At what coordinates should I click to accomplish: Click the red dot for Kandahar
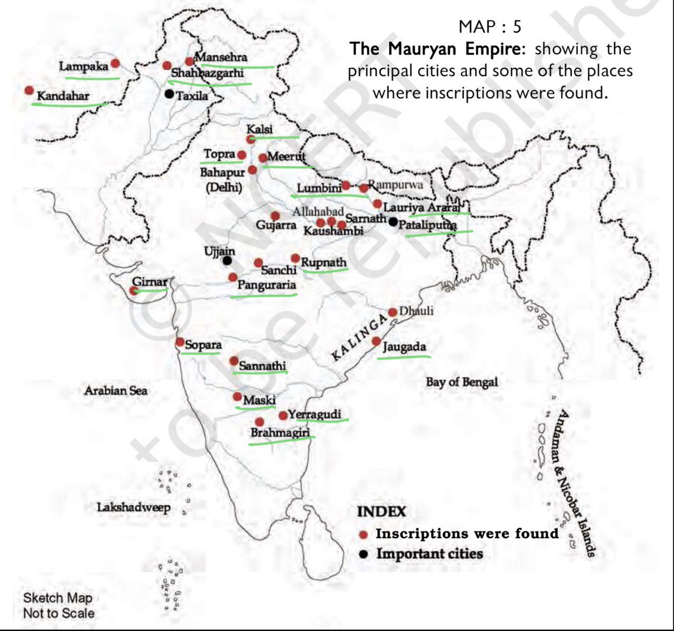tap(29, 90)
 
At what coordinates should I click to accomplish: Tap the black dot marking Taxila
tap(169, 94)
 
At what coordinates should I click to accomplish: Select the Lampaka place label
tap(84, 67)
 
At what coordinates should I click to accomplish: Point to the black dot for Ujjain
tap(227, 261)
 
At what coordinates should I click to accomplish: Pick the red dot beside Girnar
tap(134, 290)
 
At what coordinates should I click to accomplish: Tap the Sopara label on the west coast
tap(203, 344)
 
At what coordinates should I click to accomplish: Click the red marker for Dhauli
tap(393, 312)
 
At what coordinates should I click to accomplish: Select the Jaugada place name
tap(404, 347)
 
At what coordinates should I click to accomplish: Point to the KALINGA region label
tap(359, 337)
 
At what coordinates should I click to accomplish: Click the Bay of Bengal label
tap(462, 382)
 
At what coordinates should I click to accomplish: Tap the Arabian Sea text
tap(116, 390)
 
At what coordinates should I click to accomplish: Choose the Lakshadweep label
tap(134, 507)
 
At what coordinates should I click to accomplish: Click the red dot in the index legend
tap(364, 534)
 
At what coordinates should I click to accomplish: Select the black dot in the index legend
tap(364, 555)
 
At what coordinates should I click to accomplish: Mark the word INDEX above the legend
tap(381, 512)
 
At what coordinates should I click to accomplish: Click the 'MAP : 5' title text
tap(490, 26)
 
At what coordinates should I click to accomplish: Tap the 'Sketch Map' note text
tap(57, 598)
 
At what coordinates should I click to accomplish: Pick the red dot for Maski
tap(238, 397)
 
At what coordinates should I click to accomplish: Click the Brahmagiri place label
tap(280, 433)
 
